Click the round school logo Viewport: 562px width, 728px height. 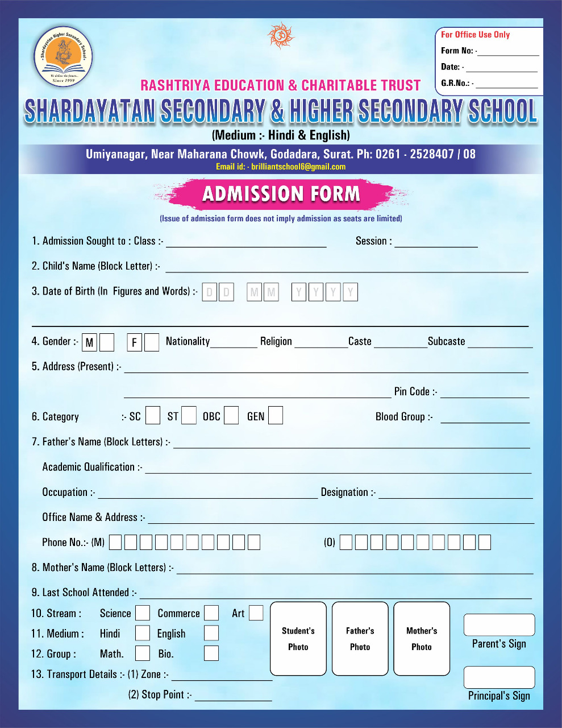click(63, 57)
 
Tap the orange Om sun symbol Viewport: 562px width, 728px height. click(281, 36)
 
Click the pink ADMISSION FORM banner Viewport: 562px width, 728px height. click(281, 194)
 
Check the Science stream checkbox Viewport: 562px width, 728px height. click(143, 613)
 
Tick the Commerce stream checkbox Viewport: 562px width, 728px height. click(211, 613)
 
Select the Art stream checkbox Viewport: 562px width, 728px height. click(256, 613)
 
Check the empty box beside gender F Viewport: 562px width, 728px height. click(152, 342)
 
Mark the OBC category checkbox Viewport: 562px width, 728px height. click(231, 416)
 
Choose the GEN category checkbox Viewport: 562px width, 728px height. click(276, 416)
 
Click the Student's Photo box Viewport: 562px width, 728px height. click(298, 639)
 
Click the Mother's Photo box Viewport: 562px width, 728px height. click(422, 639)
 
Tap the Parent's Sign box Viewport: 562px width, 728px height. click(499, 625)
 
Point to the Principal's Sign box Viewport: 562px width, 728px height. click(499, 677)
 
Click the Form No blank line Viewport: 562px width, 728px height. click(508, 52)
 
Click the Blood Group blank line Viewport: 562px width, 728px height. click(485, 419)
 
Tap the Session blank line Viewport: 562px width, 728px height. click(436, 243)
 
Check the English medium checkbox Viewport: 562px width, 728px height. click(211, 633)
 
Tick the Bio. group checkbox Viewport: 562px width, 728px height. click(211, 653)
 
